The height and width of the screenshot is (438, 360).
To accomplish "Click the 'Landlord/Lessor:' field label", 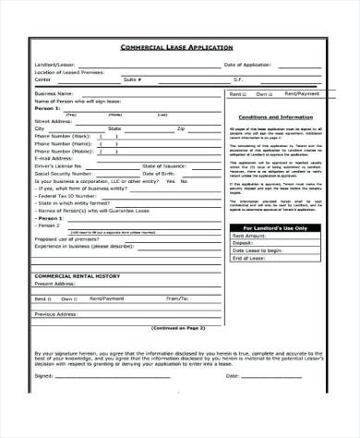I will [54, 64].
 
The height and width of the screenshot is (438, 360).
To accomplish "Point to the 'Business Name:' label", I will [53, 93].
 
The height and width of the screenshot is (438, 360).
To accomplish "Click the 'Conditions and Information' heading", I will [278, 117].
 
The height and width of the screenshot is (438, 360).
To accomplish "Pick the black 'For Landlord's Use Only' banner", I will [277, 226].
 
